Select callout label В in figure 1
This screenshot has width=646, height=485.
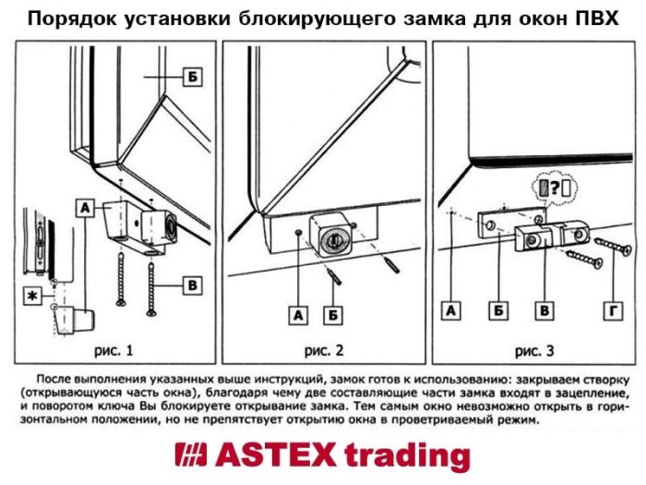coord(191,286)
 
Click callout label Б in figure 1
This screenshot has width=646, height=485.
coord(189,78)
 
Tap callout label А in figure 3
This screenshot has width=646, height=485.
coord(450,312)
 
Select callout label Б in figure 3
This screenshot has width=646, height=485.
coord(496,312)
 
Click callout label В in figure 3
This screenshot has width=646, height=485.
coord(545,312)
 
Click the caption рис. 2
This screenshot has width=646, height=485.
coord(326,350)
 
